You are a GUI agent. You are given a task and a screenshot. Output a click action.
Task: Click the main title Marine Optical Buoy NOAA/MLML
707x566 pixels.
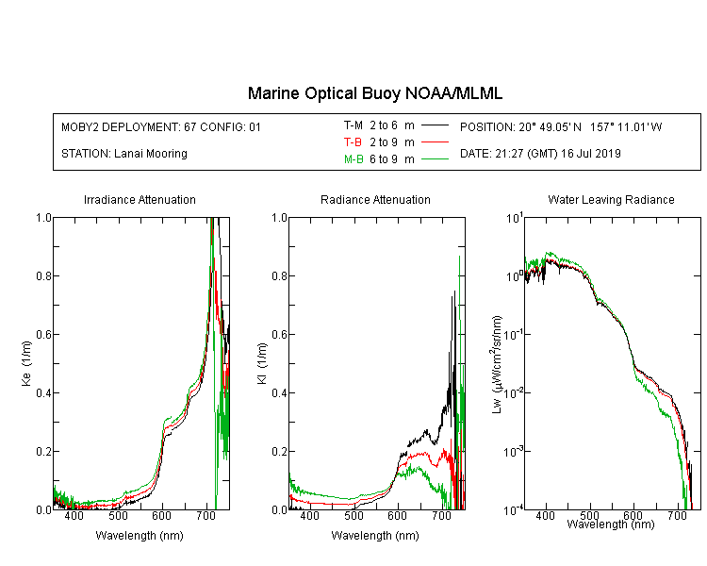pos(374,93)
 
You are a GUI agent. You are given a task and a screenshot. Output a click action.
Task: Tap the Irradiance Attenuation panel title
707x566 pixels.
pos(140,199)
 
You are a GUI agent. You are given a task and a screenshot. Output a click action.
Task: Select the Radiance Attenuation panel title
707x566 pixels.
pos(375,199)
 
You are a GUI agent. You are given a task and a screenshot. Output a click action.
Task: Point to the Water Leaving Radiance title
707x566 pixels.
pos(611,199)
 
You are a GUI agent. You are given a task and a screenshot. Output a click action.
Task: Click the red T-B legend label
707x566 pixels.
pos(353,142)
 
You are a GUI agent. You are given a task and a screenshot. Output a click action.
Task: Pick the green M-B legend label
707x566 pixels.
pos(353,159)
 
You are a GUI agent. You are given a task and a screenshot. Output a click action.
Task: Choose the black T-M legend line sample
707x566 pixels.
pos(435,125)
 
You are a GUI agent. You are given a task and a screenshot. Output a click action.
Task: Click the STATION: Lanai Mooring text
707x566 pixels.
pos(124,154)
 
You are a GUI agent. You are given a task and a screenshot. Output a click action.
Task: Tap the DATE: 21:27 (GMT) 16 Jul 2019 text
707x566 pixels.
pos(540,154)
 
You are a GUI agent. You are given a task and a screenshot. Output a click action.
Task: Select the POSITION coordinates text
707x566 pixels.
pos(561,127)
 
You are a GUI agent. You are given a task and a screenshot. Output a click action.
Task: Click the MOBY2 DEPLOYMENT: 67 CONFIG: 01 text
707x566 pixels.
pos(161,127)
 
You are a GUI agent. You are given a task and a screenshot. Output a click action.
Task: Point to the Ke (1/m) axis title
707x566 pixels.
pos(26,364)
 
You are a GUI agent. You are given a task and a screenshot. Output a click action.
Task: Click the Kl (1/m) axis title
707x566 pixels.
pos(262,364)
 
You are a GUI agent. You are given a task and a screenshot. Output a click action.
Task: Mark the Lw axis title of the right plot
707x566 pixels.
pos(497,364)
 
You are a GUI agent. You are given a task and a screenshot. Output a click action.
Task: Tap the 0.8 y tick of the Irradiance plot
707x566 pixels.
pos(43,275)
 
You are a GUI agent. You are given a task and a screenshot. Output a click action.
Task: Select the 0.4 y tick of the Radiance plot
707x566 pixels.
pos(280,392)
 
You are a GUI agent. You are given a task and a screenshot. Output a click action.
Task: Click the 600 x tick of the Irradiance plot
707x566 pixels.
pos(161,516)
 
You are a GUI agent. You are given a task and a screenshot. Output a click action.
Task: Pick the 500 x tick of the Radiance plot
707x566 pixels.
pos(353,516)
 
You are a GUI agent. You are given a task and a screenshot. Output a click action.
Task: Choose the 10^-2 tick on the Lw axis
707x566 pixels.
pos(514,391)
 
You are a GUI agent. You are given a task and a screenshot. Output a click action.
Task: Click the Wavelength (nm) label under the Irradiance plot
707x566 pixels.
pos(140,536)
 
